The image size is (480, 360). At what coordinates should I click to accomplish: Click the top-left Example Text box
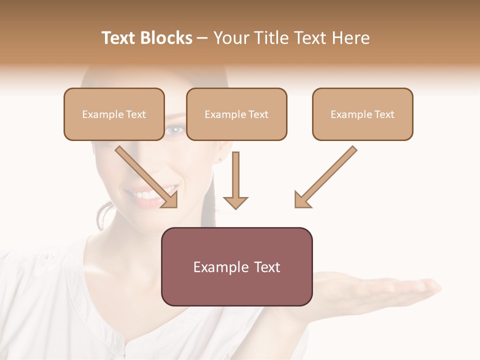click(x=114, y=114)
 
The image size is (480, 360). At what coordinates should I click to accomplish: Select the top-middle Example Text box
click(x=236, y=114)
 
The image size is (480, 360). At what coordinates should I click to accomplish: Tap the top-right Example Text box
click(x=362, y=114)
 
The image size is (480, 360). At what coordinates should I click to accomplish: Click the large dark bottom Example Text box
click(x=236, y=266)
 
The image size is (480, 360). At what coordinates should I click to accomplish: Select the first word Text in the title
click(x=119, y=38)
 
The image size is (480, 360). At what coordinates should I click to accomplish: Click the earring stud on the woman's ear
click(x=219, y=159)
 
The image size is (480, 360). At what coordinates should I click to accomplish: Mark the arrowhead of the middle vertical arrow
click(x=235, y=202)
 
